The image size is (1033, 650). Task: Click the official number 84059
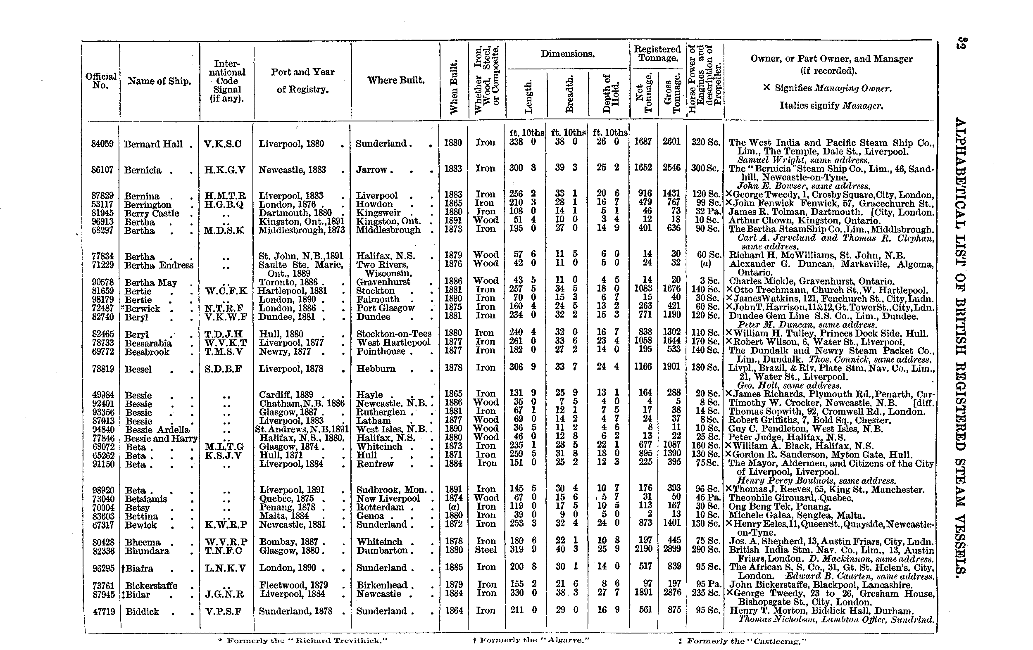click(102, 144)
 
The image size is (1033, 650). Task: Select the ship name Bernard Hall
click(153, 145)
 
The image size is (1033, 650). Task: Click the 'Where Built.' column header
click(395, 80)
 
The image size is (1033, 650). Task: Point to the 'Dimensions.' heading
click(567, 54)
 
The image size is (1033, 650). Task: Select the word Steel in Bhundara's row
click(486, 550)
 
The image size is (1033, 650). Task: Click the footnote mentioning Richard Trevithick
click(307, 641)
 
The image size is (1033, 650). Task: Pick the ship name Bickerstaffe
click(151, 586)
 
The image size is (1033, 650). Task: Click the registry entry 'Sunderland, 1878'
click(295, 611)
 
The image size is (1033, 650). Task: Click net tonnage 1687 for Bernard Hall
click(643, 142)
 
